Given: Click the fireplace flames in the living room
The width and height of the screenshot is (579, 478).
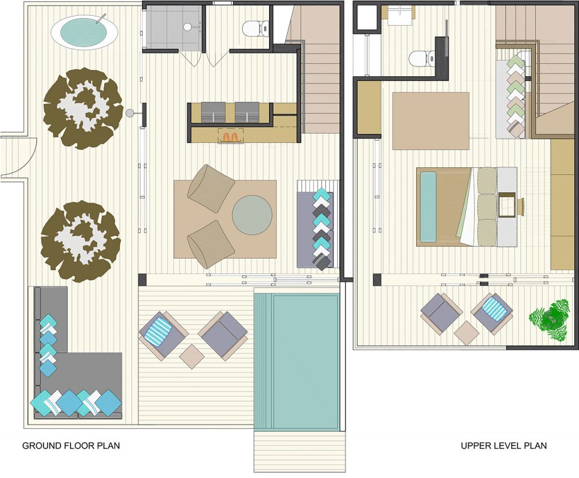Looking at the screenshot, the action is (x=231, y=137).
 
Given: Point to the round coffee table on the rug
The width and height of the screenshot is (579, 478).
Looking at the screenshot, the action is (x=252, y=215).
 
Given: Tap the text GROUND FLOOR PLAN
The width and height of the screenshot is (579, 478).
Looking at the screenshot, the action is (x=71, y=446).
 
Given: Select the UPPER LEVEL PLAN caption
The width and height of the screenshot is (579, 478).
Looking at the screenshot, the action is (x=504, y=446).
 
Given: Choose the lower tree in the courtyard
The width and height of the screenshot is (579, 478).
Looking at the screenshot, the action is (x=80, y=241).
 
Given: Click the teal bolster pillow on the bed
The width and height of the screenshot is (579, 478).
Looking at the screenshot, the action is (x=429, y=207).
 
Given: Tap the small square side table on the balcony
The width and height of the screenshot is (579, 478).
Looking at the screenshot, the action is (x=466, y=333).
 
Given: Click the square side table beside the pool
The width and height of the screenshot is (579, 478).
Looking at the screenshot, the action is (x=192, y=356).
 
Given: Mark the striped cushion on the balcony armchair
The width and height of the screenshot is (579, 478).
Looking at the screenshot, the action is (x=495, y=308).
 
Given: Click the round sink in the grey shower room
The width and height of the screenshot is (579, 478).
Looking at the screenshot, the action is (x=188, y=27).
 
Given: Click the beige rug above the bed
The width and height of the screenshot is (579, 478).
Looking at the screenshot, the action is (x=430, y=121).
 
